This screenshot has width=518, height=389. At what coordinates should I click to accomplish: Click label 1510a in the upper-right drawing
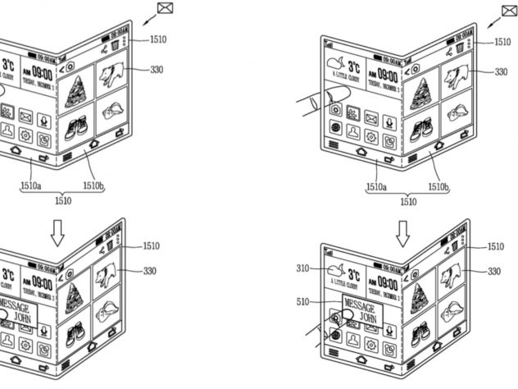click(377, 188)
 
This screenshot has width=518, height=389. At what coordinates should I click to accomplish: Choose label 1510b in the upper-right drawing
click(438, 188)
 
